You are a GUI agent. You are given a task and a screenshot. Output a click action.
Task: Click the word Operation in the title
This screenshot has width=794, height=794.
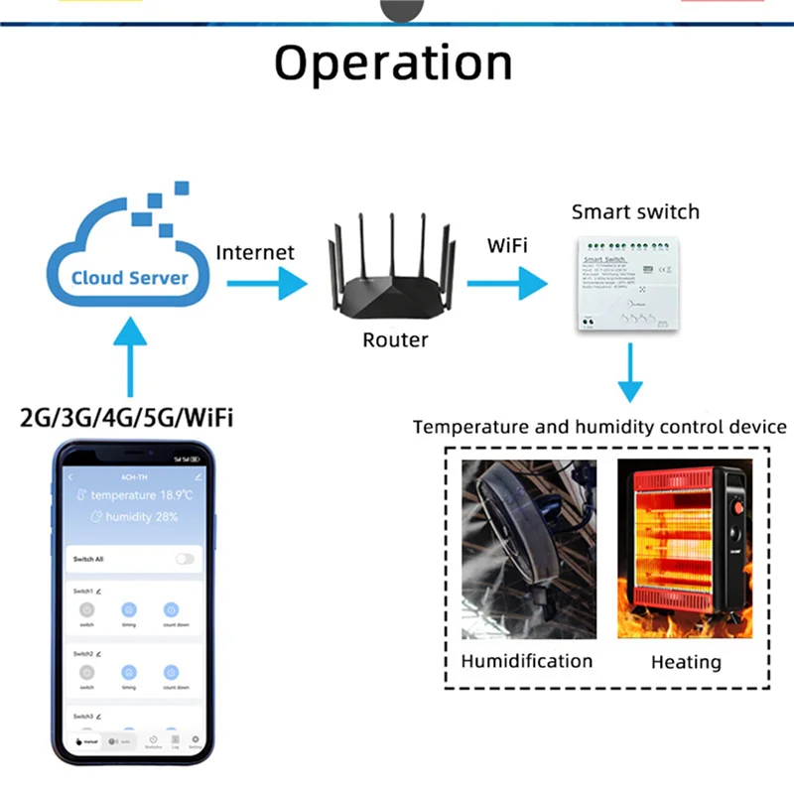click(393, 64)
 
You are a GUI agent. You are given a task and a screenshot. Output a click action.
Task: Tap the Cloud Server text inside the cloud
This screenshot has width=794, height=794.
click(129, 277)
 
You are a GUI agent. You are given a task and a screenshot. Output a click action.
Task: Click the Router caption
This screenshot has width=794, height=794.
click(395, 340)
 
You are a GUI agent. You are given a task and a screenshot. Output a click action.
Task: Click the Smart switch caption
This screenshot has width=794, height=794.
click(635, 211)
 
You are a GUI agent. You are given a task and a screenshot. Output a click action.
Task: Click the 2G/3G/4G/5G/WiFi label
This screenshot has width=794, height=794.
click(127, 417)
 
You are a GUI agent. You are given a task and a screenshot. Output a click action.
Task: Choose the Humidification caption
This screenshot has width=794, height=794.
click(527, 661)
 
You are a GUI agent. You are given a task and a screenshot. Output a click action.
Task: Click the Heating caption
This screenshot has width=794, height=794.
click(686, 662)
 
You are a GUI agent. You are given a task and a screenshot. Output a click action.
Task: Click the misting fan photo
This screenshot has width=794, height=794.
click(528, 550)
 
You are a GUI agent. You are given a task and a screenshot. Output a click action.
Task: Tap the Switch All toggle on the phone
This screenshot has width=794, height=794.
click(185, 559)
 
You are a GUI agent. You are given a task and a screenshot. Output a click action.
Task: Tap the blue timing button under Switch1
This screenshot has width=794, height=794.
click(129, 609)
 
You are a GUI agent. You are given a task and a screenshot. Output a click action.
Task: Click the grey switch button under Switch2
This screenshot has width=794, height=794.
click(86, 672)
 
